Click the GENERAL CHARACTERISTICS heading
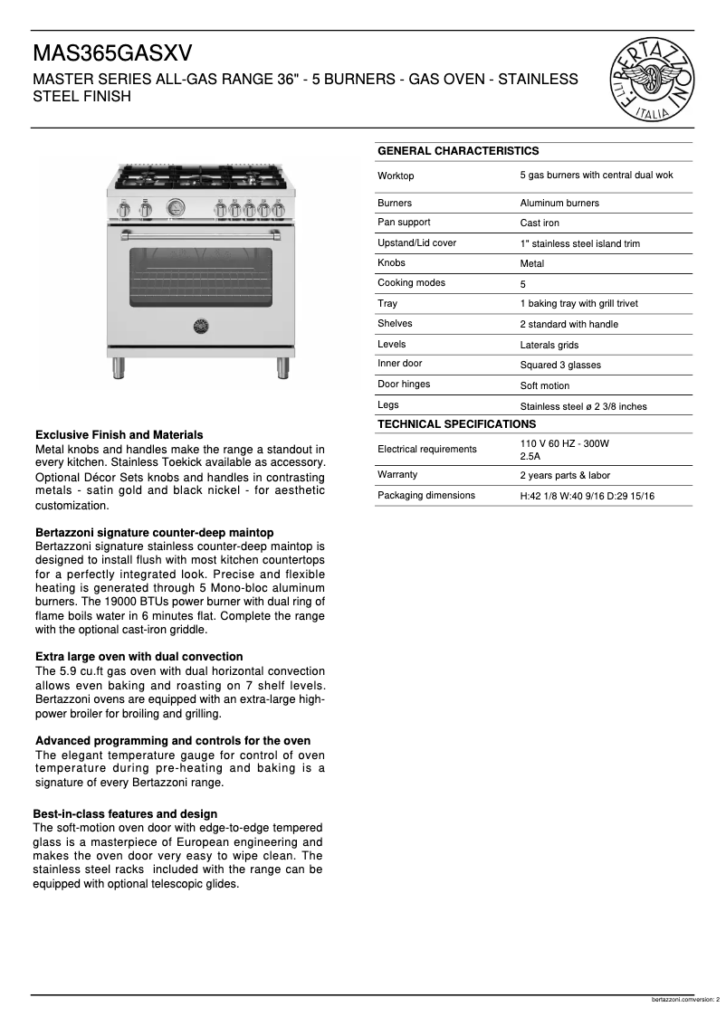[457, 151]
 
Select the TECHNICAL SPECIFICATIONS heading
[456, 424]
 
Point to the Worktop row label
[396, 176]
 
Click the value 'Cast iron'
[540, 223]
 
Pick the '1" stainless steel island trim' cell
[579, 244]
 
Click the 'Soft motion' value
[544, 386]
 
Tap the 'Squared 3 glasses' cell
[559, 366]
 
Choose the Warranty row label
[397, 474]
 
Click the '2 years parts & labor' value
[565, 475]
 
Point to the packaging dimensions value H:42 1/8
[587, 496]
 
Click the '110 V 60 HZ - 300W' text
[564, 443]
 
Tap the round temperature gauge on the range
[176, 208]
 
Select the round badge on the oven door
[201, 324]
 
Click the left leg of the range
[119, 366]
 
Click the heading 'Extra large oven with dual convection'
[139, 657]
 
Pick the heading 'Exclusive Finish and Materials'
[119, 435]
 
